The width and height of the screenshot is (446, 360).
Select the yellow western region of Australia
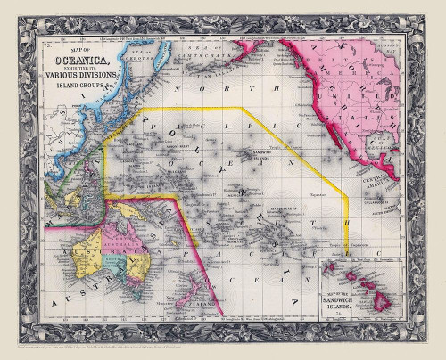click(91, 253)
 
